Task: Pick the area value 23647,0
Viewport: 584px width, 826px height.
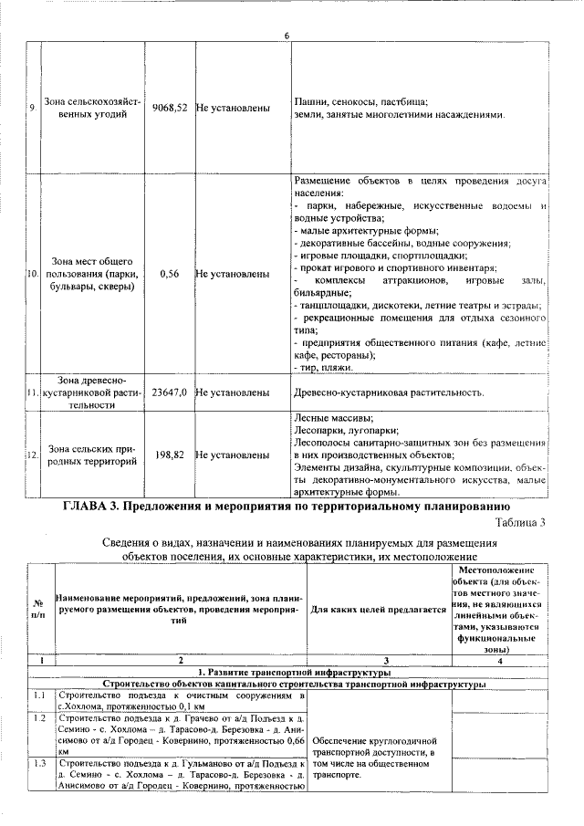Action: [170, 392]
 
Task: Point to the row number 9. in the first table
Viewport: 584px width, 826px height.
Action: [32, 109]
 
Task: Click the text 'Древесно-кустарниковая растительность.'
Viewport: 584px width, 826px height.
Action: [388, 392]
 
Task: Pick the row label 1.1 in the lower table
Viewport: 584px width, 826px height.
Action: [39, 696]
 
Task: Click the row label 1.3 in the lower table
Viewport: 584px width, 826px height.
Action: [39, 762]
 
